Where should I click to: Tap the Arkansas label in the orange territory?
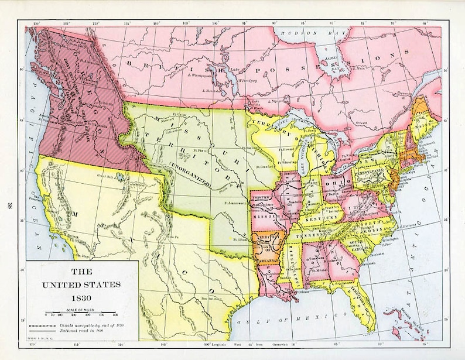pyautogui.click(x=266, y=252)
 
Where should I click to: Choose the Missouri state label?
pyautogui.click(x=266, y=217)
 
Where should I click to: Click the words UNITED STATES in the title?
pyautogui.click(x=80, y=284)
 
